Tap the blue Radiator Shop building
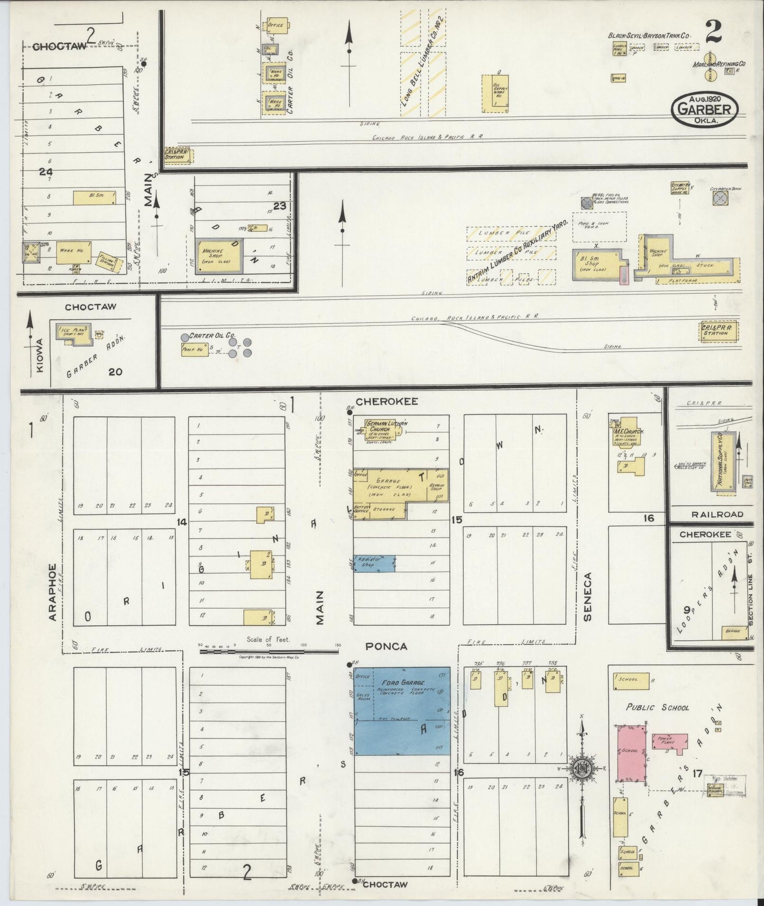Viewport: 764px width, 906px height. [x=374, y=563]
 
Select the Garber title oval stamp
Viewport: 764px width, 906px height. [x=705, y=109]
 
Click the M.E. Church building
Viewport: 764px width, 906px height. [x=627, y=437]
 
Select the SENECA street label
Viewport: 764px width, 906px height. [x=588, y=596]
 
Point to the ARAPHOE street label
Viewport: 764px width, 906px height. [x=53, y=591]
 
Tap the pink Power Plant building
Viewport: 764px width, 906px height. [x=670, y=741]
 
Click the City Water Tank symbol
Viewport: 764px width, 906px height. [x=720, y=198]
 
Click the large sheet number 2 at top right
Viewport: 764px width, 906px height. [x=713, y=33]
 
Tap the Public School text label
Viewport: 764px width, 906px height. [x=657, y=707]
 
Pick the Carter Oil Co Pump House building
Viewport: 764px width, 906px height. [x=195, y=349]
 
